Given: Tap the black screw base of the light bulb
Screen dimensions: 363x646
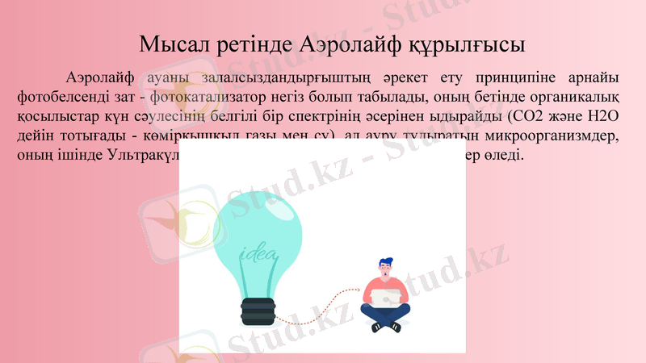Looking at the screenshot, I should point(258,310).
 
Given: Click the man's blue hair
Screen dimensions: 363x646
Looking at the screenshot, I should point(387,264).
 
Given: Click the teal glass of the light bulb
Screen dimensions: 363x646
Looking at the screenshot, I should point(257,234).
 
